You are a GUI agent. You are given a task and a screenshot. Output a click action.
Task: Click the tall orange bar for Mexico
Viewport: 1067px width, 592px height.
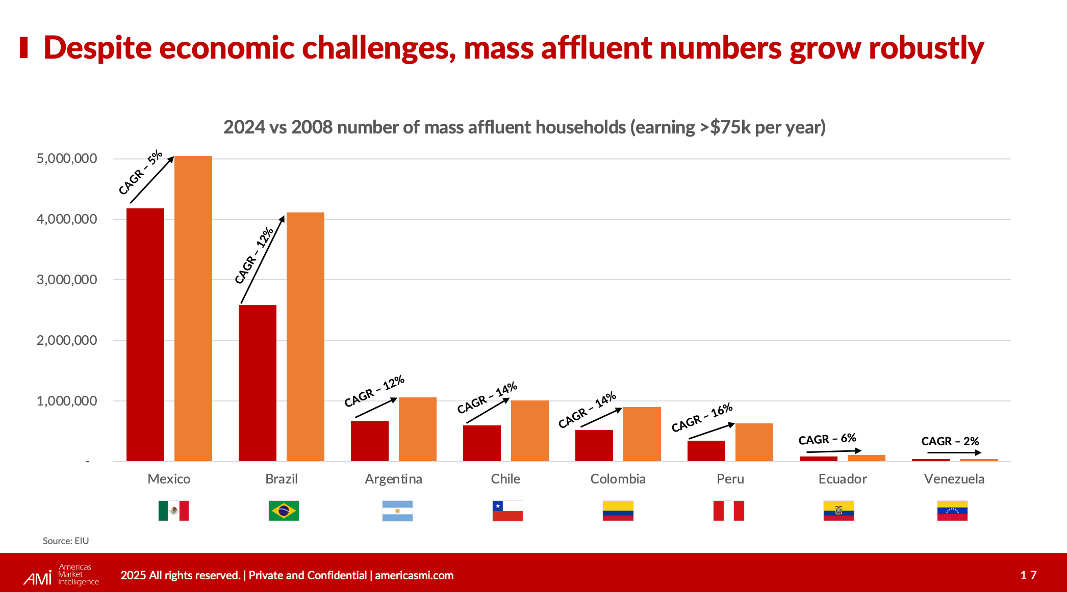pos(193,308)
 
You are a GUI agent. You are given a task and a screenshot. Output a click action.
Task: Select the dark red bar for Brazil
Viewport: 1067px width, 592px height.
pos(258,383)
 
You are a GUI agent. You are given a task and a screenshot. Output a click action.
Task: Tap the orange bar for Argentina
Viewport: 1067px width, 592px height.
pos(418,429)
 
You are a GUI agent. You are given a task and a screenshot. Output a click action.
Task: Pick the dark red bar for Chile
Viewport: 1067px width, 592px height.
pos(482,443)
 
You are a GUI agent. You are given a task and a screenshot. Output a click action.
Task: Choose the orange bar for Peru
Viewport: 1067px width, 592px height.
pos(754,442)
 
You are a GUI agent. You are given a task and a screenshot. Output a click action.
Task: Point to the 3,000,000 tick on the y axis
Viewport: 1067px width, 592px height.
pos(67,280)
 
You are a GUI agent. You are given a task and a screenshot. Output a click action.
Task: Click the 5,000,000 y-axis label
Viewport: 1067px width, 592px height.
pos(67,158)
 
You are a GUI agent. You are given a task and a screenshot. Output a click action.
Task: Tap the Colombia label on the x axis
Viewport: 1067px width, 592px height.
pos(618,479)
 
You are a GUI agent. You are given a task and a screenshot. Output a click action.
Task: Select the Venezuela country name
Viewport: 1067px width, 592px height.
pos(954,479)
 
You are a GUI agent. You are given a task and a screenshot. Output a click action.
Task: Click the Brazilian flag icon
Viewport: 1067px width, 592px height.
pos(284,510)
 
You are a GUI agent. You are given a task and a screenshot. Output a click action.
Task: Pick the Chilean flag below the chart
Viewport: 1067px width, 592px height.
pos(507,510)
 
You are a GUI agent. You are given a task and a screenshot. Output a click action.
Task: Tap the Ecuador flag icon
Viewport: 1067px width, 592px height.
pos(839,510)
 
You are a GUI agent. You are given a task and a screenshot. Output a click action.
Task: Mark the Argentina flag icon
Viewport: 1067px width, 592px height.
pos(397,510)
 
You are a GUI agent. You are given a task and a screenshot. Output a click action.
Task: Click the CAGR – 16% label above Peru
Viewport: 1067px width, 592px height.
pos(702,418)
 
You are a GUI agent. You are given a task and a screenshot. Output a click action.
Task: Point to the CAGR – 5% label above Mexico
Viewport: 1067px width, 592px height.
pos(140,172)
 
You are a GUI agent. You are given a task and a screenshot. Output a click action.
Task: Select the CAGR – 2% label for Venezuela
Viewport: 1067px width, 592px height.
pos(950,441)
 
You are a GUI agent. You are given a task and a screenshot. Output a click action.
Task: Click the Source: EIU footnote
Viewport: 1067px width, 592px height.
pos(66,541)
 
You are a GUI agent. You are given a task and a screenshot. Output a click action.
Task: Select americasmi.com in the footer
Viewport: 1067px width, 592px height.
pos(414,576)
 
